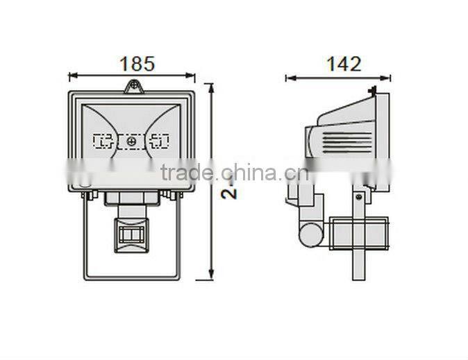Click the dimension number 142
click(x=344, y=65)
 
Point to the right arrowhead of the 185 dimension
click(x=192, y=75)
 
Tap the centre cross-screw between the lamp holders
click(x=131, y=142)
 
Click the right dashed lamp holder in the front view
click(x=159, y=142)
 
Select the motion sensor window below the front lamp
click(x=131, y=233)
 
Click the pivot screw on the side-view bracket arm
click(x=358, y=197)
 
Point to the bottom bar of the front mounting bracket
click(x=132, y=277)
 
